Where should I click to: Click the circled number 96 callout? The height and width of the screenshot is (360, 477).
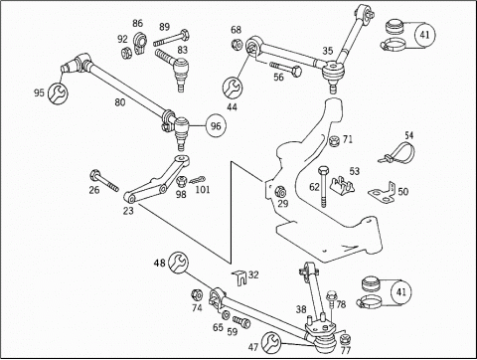pyautogui.click(x=216, y=126)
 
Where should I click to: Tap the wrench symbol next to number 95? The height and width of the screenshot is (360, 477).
pyautogui.click(x=58, y=92)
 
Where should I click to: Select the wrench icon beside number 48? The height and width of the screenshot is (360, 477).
pyautogui.click(x=178, y=262)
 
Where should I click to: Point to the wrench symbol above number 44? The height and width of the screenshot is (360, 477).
pyautogui.click(x=233, y=88)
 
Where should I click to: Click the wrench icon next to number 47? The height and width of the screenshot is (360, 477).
pyautogui.click(x=271, y=343)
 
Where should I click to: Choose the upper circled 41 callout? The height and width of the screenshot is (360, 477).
pyautogui.click(x=424, y=35)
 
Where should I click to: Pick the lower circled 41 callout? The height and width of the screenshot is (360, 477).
pyautogui.click(x=401, y=291)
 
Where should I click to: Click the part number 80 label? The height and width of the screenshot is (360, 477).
pyautogui.click(x=120, y=102)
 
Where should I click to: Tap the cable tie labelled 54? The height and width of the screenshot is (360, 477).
pyautogui.click(x=397, y=153)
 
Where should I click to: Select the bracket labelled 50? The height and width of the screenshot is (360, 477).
pyautogui.click(x=383, y=192)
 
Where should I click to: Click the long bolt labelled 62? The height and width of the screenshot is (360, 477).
pyautogui.click(x=323, y=187)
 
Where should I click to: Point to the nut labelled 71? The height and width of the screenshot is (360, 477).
pyautogui.click(x=335, y=141)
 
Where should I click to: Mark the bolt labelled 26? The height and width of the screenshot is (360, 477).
pyautogui.click(x=104, y=181)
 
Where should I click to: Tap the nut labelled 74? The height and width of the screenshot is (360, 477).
pyautogui.click(x=197, y=294)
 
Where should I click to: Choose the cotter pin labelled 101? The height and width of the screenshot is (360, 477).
pyautogui.click(x=198, y=180)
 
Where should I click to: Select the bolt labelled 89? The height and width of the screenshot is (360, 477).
pyautogui.click(x=171, y=38)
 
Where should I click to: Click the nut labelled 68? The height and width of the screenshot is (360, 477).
pyautogui.click(x=237, y=44)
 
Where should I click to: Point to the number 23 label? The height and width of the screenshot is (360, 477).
pyautogui.click(x=128, y=211)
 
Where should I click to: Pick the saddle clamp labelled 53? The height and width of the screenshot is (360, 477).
pyautogui.click(x=342, y=186)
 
